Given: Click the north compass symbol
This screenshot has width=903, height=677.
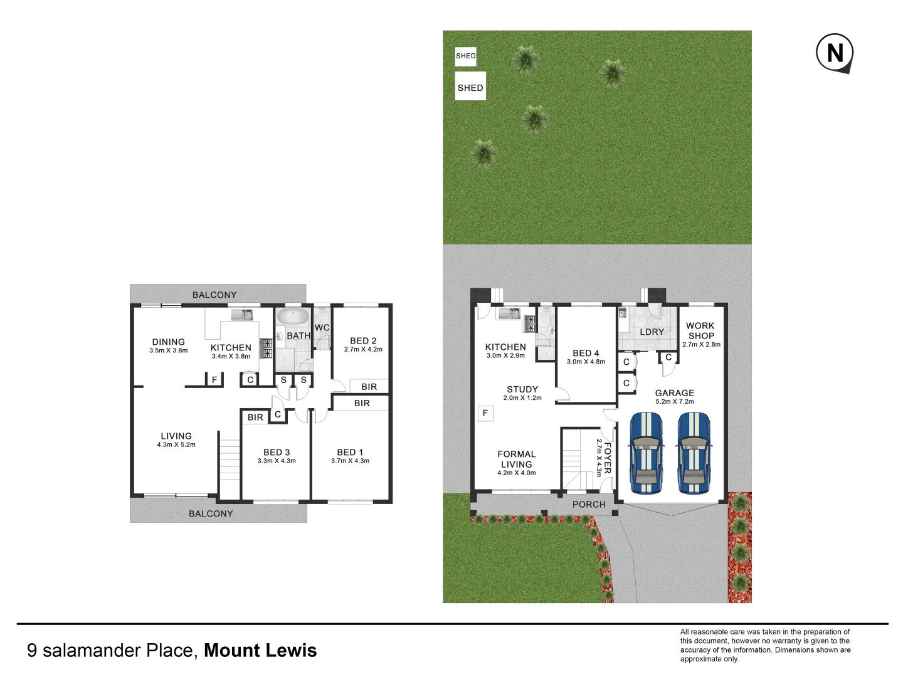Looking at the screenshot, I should tap(835, 53).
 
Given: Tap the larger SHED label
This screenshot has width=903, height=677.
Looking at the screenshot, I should tap(470, 88).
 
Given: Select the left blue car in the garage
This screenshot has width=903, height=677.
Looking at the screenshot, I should tap(647, 453).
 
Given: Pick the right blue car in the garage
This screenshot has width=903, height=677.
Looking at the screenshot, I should tap(693, 453).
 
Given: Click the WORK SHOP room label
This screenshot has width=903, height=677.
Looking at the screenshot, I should tap(700, 330).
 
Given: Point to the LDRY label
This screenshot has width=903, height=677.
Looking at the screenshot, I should tap(652, 332).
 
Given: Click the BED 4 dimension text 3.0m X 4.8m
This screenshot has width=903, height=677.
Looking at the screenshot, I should tap(586, 362).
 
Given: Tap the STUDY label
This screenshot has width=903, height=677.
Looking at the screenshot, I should tap(522, 389).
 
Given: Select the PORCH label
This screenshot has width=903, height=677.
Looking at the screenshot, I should tap(589, 504).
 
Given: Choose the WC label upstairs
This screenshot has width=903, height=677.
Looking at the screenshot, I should tap(322, 327).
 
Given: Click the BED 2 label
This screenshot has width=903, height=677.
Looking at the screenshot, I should tap(363, 340).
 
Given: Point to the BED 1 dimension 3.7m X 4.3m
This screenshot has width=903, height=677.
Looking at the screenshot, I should tap(350, 461).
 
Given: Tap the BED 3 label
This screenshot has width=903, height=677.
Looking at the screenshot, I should tap(277, 452).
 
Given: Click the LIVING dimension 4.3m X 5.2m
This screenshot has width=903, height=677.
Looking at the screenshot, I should tap(176, 444).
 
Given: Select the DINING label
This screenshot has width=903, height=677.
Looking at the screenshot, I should tap(168, 342).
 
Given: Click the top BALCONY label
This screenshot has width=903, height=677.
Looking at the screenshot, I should tap(214, 295).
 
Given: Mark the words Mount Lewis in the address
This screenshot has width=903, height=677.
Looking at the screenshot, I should tap(260, 651).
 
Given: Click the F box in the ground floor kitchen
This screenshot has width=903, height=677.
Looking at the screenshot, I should tap(485, 413).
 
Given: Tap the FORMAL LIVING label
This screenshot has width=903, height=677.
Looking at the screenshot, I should tap(516, 459).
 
